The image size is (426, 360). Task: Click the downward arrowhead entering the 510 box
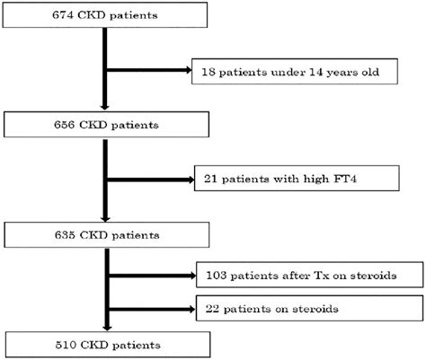[x=107, y=328]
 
